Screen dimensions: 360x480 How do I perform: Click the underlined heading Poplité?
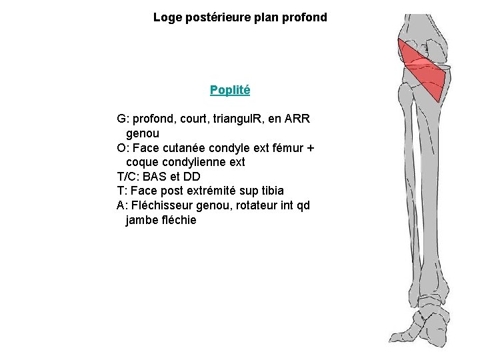click(x=229, y=89)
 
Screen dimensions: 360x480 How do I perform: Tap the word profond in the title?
click(x=305, y=17)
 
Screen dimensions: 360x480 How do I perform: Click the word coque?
click(x=142, y=162)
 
